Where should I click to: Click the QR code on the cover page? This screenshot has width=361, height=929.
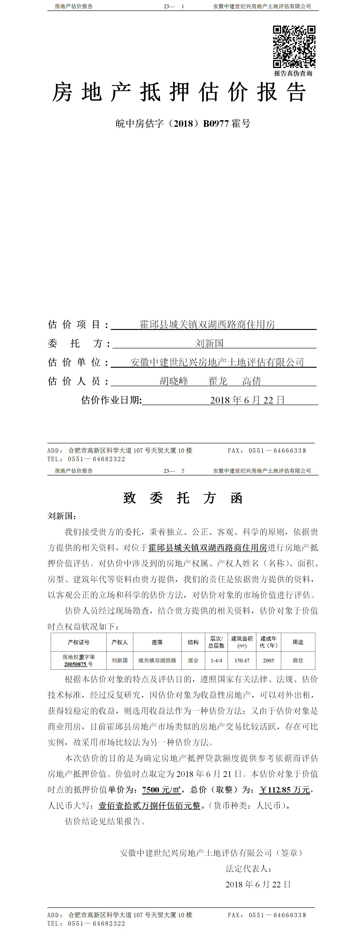(294, 46)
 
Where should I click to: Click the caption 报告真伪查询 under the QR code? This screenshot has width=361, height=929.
(293, 74)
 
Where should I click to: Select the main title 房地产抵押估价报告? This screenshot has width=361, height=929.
(179, 92)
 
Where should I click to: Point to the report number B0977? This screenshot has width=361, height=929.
(216, 124)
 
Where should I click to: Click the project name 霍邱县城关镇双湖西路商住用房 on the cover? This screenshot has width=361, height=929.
(207, 324)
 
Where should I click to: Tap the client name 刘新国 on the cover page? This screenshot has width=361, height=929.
(209, 343)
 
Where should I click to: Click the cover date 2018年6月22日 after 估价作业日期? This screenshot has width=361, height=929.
(247, 400)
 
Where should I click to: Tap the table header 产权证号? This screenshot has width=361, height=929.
(78, 642)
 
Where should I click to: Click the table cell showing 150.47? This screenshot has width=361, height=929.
(242, 661)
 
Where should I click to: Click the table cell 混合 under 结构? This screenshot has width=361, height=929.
(193, 661)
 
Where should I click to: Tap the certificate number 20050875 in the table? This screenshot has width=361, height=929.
(75, 664)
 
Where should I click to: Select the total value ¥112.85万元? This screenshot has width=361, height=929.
(285, 790)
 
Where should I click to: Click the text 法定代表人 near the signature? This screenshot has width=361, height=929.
(248, 868)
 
